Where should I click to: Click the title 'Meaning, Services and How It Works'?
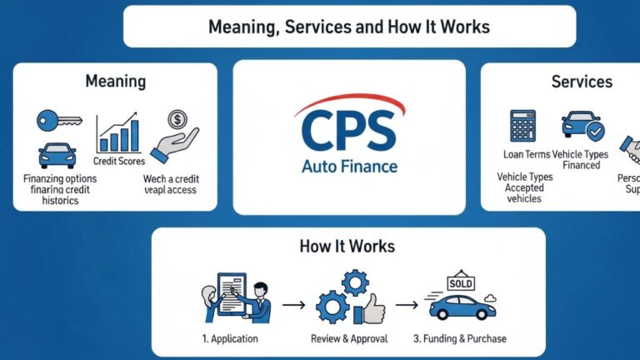(349, 27)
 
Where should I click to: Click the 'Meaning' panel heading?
(115, 82)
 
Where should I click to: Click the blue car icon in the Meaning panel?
(57, 155)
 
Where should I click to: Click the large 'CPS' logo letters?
(349, 133)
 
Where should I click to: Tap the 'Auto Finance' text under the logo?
(349, 167)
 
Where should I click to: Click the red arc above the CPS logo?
(350, 103)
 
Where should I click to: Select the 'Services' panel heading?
(582, 82)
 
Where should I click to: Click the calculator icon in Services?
(522, 125)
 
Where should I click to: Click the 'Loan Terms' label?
(526, 154)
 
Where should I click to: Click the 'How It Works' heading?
(347, 247)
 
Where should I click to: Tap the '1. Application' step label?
(229, 338)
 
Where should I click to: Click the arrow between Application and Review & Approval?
(293, 306)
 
